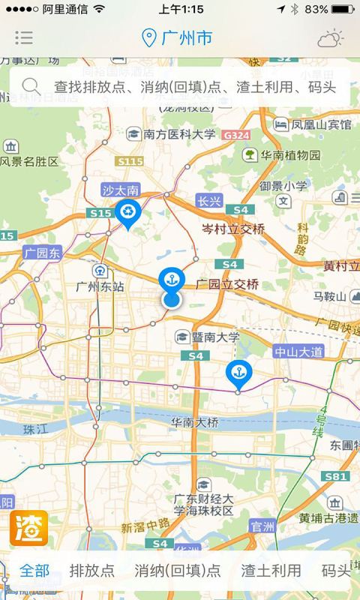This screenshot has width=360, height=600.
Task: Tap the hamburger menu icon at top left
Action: [24, 37]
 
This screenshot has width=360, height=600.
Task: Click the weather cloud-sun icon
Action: [330, 37]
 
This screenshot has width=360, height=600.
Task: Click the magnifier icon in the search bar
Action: [31, 86]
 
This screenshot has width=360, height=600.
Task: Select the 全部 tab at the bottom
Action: [35, 570]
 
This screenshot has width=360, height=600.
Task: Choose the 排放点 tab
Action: [92, 570]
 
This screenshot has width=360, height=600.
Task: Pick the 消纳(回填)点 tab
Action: [178, 570]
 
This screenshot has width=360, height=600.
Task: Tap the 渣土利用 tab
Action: [271, 570]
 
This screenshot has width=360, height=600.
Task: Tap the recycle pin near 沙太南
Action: [127, 213]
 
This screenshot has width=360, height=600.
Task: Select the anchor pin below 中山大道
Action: [238, 372]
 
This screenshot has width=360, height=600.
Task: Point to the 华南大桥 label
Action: [195, 422]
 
